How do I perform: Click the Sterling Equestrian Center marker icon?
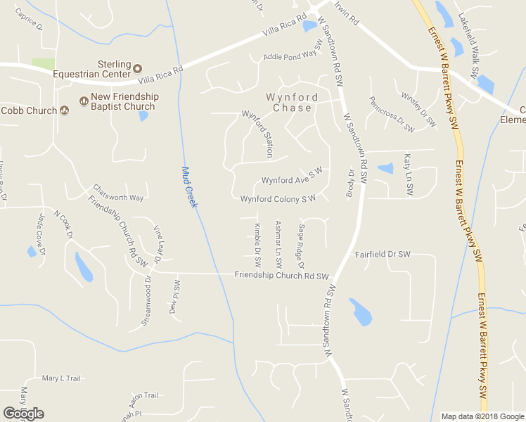(138, 68)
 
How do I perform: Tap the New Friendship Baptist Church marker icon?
(84, 101)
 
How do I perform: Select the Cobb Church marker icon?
(64, 110)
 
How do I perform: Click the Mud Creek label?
(188, 186)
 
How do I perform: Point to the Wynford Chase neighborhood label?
(291, 103)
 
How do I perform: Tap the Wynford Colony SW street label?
(278, 199)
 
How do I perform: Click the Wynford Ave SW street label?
(291, 176)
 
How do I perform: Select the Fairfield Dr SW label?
(382, 254)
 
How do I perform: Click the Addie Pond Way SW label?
(293, 53)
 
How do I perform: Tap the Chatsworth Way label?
(118, 192)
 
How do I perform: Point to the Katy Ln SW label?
(407, 174)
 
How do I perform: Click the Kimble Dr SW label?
(258, 245)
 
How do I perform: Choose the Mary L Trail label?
(62, 378)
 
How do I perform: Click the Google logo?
(23, 414)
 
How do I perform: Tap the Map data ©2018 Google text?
(482, 416)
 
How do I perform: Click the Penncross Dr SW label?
(392, 114)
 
